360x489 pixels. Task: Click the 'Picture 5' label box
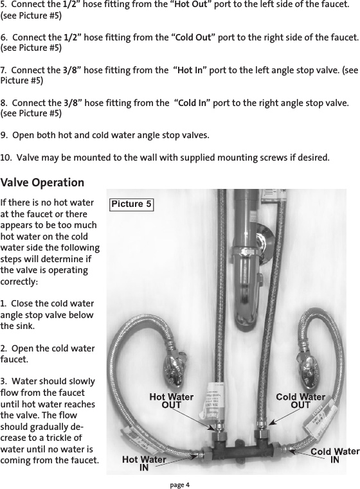click(x=132, y=204)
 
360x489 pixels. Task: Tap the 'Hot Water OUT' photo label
click(x=171, y=401)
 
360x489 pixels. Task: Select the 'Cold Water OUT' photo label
click(x=300, y=401)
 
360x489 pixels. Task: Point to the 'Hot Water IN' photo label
click(x=144, y=463)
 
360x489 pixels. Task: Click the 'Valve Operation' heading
click(x=42, y=183)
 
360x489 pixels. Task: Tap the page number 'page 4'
click(x=180, y=484)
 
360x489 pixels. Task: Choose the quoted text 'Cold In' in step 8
click(x=195, y=103)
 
